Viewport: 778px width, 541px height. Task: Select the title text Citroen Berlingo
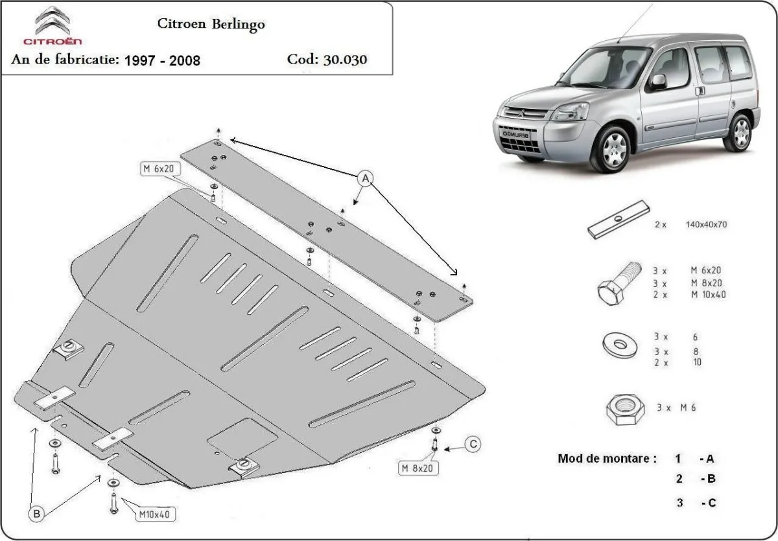211,24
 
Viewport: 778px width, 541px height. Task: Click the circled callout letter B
36,514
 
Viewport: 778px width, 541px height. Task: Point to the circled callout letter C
473,444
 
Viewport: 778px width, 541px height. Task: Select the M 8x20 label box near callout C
416,467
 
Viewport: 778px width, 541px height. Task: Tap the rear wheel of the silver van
739,132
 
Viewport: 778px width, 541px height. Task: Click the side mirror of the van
659,81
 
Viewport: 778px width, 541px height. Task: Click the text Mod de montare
603,459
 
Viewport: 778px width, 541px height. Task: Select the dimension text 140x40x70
706,225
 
